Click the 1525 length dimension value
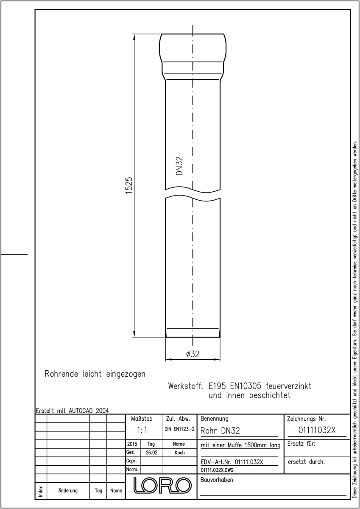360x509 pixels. [x=129, y=185]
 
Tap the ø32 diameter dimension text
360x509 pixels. [x=193, y=354]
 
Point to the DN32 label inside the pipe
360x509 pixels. [x=179, y=166]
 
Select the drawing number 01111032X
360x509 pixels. [x=317, y=430]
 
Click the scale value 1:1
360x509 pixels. [x=142, y=430]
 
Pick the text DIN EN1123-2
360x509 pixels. [x=180, y=429]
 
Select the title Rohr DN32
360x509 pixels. [x=220, y=431]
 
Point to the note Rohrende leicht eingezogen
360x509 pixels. [x=95, y=374]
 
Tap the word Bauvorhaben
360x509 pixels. [x=217, y=480]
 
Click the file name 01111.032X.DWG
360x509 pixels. [x=217, y=470]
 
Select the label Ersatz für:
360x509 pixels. [x=301, y=444]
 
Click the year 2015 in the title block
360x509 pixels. [x=132, y=444]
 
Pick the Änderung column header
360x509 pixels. [x=68, y=490]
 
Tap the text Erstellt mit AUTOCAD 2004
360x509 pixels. [x=72, y=411]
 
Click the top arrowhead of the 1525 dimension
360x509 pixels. [x=134, y=37]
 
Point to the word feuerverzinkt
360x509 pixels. [x=288, y=386]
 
